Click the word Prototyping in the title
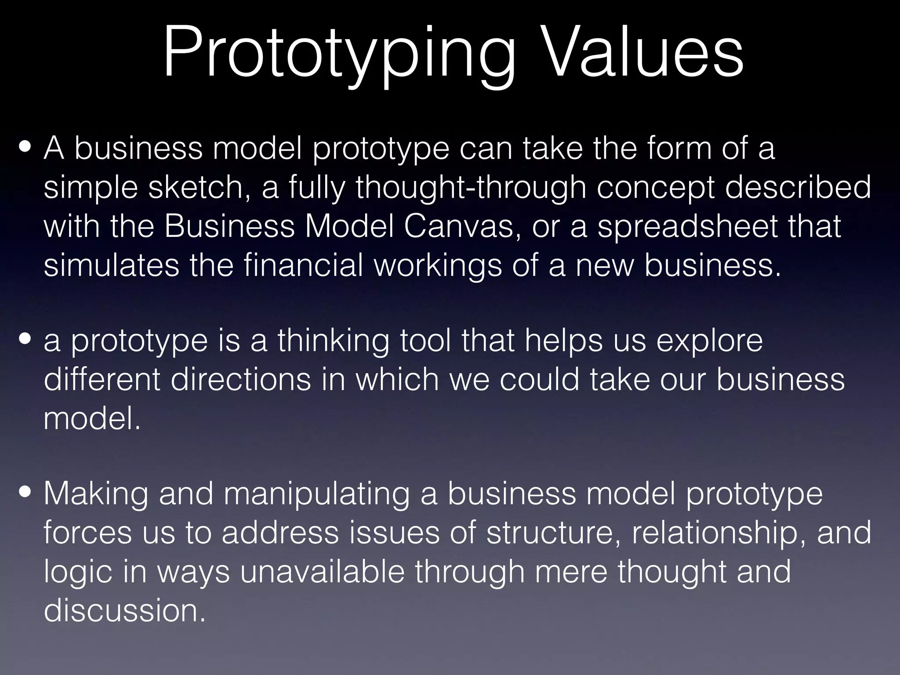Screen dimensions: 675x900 coord(338,55)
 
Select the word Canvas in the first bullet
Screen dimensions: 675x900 coord(463,226)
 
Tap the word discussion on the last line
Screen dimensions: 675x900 coord(125,610)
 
